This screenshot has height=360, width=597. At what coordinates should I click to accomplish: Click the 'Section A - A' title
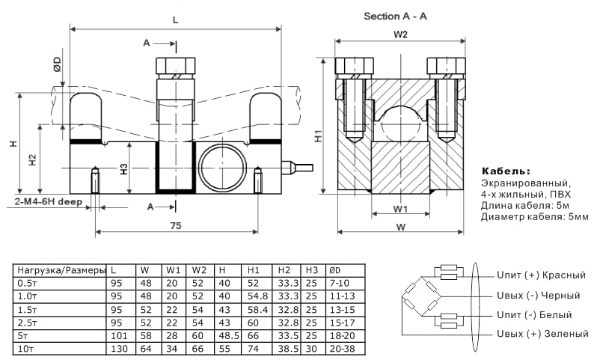click(x=395, y=16)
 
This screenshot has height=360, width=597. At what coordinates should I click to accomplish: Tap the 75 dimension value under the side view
click(x=175, y=225)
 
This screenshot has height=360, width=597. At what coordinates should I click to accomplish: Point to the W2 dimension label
click(x=400, y=34)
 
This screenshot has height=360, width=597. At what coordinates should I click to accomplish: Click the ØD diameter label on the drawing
click(x=58, y=65)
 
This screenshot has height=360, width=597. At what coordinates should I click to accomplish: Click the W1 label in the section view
click(x=400, y=208)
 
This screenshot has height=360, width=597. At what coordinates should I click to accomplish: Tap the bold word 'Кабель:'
click(x=506, y=171)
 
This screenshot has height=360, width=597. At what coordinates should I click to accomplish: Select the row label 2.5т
click(x=28, y=323)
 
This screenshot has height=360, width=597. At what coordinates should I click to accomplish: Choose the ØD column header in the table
click(x=334, y=270)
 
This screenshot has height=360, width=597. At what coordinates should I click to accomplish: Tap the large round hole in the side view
click(x=222, y=168)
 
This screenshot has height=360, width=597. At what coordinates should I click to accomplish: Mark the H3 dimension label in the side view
click(x=123, y=169)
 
